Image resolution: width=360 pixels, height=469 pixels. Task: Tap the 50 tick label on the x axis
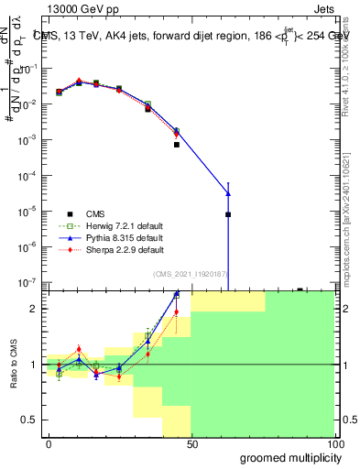(x=191, y=443)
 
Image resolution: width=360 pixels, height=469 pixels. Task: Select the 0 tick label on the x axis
(x=49, y=443)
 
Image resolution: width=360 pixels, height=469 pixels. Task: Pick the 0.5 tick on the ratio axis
(x=30, y=420)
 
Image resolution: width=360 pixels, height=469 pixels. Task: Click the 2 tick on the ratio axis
(x=35, y=309)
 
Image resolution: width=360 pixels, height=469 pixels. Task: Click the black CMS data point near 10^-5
(x=228, y=214)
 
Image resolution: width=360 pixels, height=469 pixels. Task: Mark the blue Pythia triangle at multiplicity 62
(x=228, y=193)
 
